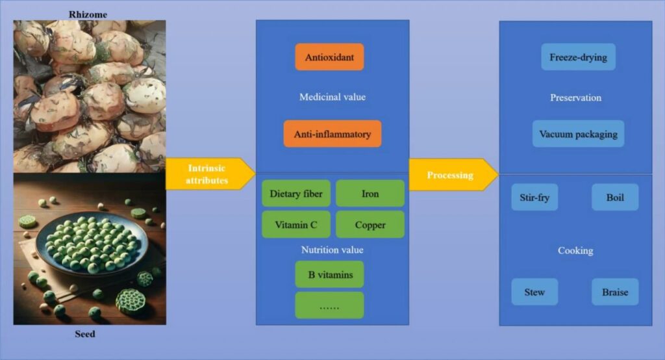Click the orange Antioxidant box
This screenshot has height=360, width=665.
[x=329, y=57]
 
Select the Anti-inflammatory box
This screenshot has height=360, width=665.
[x=332, y=134]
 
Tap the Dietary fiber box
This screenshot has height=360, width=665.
[x=296, y=194]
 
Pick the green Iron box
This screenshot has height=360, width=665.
[x=370, y=194]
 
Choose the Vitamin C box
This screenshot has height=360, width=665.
[x=296, y=225]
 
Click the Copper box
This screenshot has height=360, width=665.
[x=370, y=225]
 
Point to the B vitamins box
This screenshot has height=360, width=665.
[x=329, y=275]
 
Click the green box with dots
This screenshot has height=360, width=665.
[x=329, y=305]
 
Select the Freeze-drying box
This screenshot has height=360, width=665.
[x=579, y=57]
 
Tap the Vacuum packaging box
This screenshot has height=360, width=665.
[x=579, y=134]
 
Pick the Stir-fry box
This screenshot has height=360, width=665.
[x=535, y=198]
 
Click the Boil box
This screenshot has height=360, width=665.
[x=615, y=198]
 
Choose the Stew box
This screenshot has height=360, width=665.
[x=535, y=292]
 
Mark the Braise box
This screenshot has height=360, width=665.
[x=615, y=292]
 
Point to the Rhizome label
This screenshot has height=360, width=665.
[x=88, y=14]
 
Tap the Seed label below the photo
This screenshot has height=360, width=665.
[x=85, y=334]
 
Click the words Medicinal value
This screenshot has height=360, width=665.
[x=332, y=97]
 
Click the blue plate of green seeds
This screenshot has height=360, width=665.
[x=92, y=243]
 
